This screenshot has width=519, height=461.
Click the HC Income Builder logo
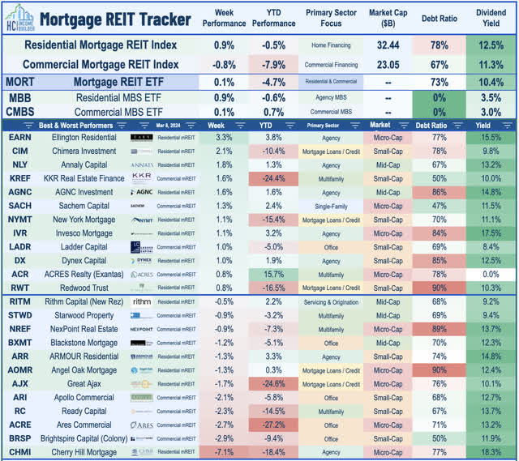[x=19, y=17]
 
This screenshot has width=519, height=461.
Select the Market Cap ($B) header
[x=384, y=18]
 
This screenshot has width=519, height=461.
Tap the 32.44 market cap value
[x=384, y=45]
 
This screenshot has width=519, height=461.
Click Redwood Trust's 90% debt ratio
[x=438, y=288]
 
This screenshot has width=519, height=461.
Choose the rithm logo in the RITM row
[x=141, y=301]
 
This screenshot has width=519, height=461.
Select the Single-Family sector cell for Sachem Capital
[x=330, y=207]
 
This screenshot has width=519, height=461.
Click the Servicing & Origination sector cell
[x=330, y=301]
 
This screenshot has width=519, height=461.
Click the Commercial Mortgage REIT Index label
[x=101, y=63]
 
